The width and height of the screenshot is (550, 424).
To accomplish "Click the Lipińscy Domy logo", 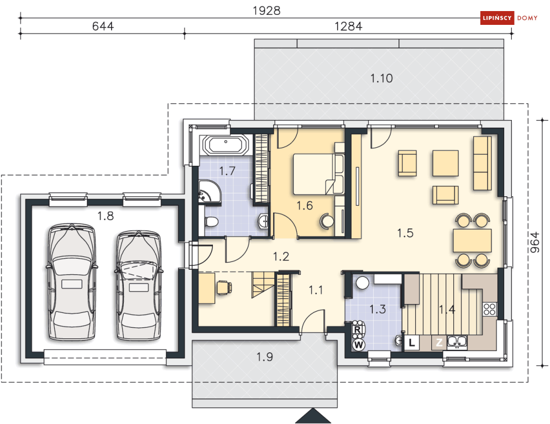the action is (509, 18).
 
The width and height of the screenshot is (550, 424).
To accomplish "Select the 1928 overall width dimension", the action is (266, 11).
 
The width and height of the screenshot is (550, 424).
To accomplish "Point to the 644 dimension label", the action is (103, 27).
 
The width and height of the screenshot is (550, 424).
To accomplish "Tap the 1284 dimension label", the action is (348, 27).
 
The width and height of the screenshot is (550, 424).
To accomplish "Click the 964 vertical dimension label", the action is (535, 242).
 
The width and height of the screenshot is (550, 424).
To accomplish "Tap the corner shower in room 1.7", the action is (209, 191).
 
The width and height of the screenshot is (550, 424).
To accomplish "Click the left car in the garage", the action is (72, 281).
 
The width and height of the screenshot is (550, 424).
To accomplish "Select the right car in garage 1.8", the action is (139, 285).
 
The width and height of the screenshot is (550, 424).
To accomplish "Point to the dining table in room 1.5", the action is (472, 240).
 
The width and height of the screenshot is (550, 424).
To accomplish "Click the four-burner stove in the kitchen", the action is (490, 310).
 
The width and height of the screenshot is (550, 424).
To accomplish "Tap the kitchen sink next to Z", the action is (457, 342).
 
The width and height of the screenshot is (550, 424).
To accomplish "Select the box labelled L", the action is (412, 342).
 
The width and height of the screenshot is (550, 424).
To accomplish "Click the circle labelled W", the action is (359, 345).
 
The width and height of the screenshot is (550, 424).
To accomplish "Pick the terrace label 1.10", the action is (381, 78).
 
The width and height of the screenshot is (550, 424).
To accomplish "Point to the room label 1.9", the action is (264, 357).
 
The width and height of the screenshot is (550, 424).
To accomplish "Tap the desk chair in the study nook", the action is (224, 287).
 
